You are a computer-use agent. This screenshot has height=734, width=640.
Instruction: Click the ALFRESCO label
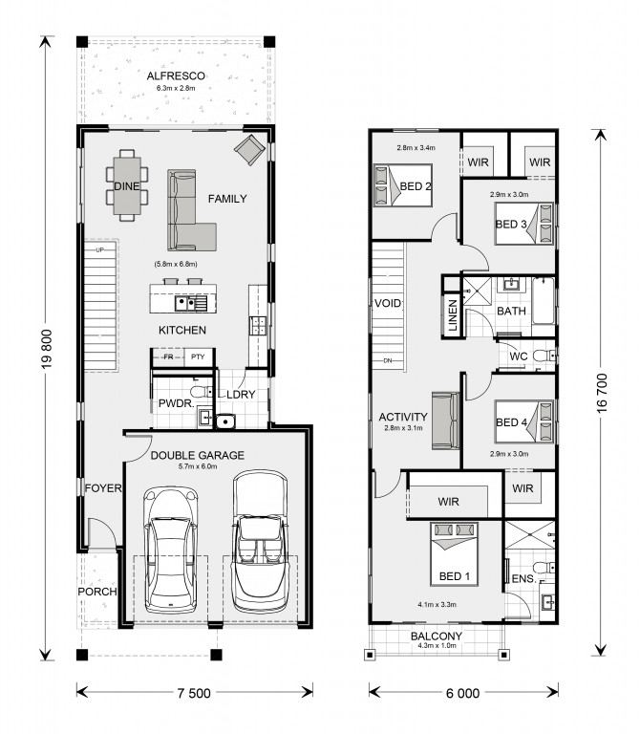(x=176, y=76)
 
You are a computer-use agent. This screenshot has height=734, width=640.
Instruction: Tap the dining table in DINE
(x=127, y=185)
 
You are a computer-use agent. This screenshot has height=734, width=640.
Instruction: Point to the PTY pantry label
(x=198, y=356)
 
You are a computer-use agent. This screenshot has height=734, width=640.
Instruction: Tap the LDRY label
(x=241, y=395)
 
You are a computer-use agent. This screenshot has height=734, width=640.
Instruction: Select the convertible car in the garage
(x=260, y=542)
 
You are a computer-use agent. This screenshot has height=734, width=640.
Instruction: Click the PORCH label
(x=97, y=592)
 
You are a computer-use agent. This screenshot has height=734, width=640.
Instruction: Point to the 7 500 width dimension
(x=194, y=693)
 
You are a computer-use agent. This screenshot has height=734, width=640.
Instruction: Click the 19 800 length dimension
(x=47, y=349)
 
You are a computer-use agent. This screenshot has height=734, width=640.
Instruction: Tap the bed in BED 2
(x=403, y=185)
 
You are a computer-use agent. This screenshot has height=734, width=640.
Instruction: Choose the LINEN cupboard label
(x=453, y=315)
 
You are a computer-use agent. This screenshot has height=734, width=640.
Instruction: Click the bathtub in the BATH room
(x=543, y=300)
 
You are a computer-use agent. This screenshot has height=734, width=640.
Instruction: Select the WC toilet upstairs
(x=544, y=356)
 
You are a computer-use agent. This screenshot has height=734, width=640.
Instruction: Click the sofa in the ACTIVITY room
(x=446, y=421)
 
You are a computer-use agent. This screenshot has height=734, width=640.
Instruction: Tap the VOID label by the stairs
(x=388, y=303)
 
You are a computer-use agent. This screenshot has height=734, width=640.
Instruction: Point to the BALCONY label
(x=437, y=637)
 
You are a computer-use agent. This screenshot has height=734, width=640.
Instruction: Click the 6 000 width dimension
(x=462, y=693)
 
